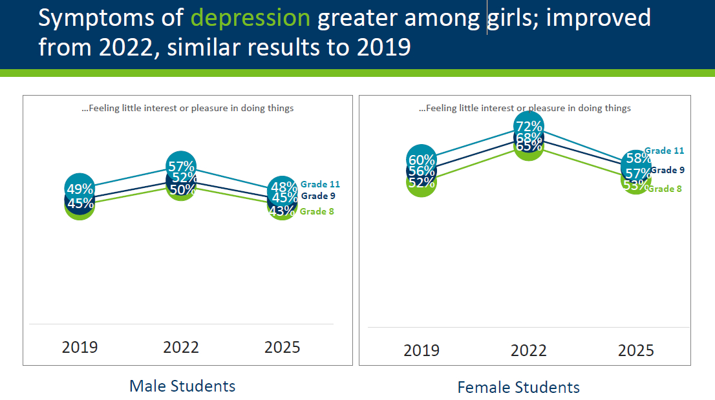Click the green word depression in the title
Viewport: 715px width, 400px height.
250,18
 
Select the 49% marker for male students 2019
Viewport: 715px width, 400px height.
80,189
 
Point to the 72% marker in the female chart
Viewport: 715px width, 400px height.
528,127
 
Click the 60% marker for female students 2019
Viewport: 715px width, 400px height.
421,160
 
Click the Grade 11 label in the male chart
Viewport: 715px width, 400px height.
320,184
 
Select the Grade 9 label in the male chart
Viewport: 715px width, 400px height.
318,196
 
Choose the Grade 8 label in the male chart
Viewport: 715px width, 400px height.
317,211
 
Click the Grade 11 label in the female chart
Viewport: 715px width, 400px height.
664,151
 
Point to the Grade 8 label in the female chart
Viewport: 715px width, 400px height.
665,189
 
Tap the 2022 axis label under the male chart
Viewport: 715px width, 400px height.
181,347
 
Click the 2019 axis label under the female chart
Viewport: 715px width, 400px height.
422,350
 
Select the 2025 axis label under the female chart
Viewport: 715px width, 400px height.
636,350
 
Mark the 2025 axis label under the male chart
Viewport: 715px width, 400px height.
283,347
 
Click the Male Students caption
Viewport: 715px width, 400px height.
182,386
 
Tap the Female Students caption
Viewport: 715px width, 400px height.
518,387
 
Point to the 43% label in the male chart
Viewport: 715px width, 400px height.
282,211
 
